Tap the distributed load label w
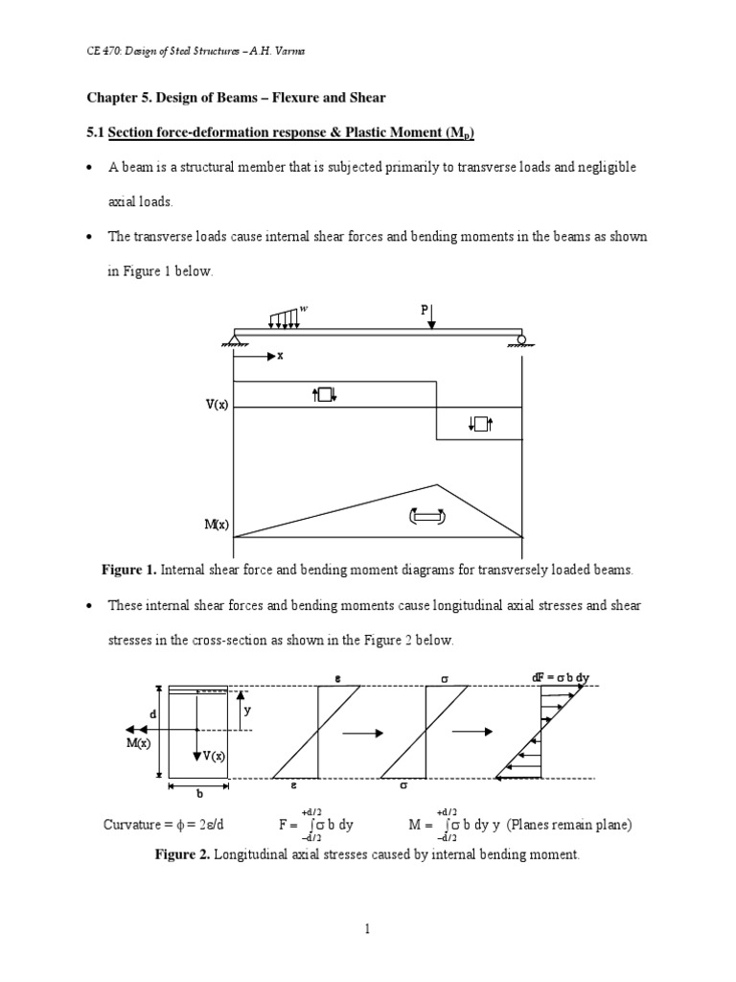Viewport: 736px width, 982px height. point(305,309)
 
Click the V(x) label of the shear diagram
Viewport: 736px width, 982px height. point(216,406)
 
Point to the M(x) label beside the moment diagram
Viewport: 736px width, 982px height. point(216,524)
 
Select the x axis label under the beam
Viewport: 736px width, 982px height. point(281,355)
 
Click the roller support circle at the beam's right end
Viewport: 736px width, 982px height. point(521,339)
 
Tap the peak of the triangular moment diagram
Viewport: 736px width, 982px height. point(437,485)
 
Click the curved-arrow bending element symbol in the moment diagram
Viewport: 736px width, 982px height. point(426,518)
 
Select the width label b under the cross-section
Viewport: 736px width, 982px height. point(199,793)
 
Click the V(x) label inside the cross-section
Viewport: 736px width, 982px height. point(212,756)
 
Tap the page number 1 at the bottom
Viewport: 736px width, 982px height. point(367,928)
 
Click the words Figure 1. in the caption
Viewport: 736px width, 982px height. point(128,570)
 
